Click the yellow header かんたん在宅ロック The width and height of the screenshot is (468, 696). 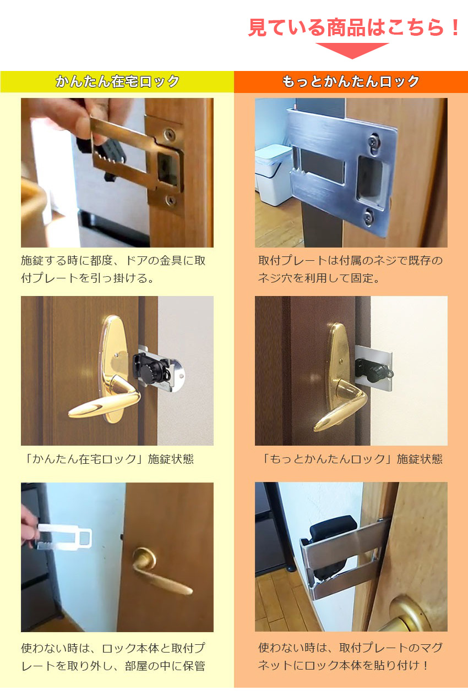coord(117,82)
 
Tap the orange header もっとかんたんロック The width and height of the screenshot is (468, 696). coord(351,82)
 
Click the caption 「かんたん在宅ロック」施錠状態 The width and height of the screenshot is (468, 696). coord(107,459)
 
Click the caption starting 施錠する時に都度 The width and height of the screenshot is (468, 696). coord(113,269)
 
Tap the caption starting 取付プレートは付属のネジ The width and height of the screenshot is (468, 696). coord(350,269)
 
